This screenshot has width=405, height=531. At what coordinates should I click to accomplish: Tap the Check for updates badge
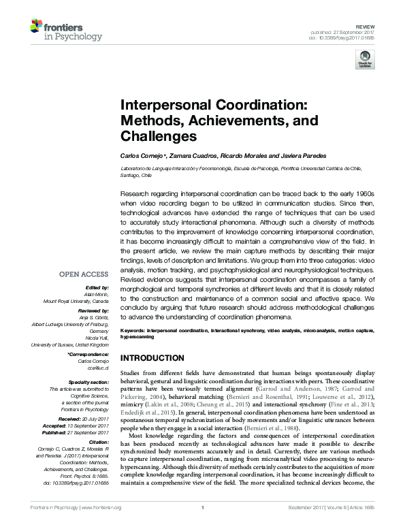[x=365, y=59]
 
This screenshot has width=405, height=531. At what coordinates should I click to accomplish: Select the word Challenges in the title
[x=159, y=136]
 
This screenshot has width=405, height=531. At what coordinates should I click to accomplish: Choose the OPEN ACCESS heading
[x=84, y=275]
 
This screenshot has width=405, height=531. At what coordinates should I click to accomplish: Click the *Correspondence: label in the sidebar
[x=88, y=355]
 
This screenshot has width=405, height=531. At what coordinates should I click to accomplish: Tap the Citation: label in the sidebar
[x=97, y=441]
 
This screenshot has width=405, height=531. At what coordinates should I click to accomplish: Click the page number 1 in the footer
[x=202, y=527]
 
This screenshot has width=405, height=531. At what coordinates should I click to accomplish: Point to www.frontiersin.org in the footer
[x=101, y=527]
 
